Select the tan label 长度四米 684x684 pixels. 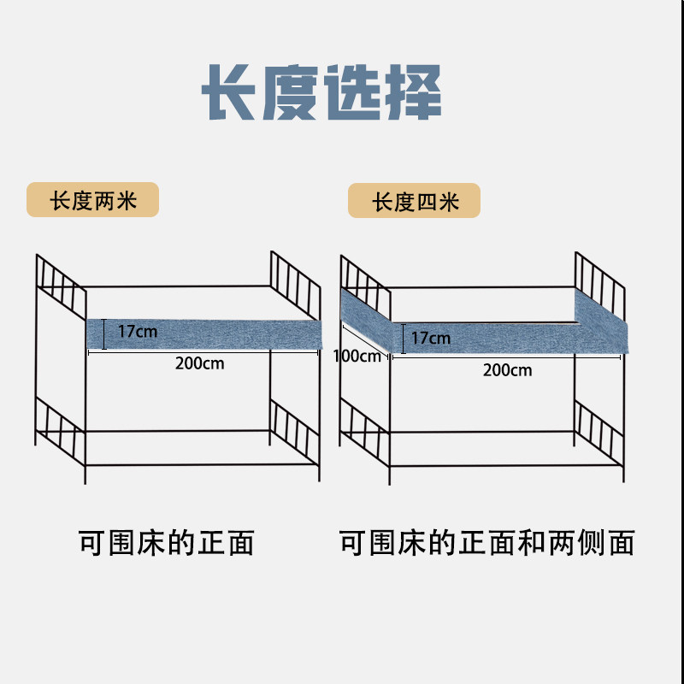point(415,202)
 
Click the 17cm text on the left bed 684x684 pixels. point(136,331)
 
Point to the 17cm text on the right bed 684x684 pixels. point(430,338)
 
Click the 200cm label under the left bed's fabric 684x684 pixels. point(199,363)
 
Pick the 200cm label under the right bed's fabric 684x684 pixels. point(507,369)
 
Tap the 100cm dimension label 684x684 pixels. point(358,355)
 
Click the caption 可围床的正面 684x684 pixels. point(167,542)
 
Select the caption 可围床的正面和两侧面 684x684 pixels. point(486,542)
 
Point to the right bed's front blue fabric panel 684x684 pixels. point(504,339)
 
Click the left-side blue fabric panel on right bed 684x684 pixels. point(365,309)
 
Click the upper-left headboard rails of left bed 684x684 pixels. point(61,285)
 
